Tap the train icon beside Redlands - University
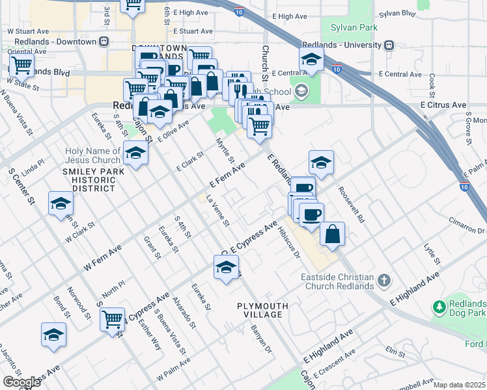[389, 45]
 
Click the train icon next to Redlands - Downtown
[104, 42]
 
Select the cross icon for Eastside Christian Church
[384, 280]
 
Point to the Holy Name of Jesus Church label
[92, 156]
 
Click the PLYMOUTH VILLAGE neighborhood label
[259, 310]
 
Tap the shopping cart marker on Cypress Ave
[113, 320]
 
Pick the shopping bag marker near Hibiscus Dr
[332, 233]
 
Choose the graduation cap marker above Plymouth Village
[226, 267]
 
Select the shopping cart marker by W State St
[21, 65]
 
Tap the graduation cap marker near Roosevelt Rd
[321, 162]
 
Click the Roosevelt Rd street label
[351, 205]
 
